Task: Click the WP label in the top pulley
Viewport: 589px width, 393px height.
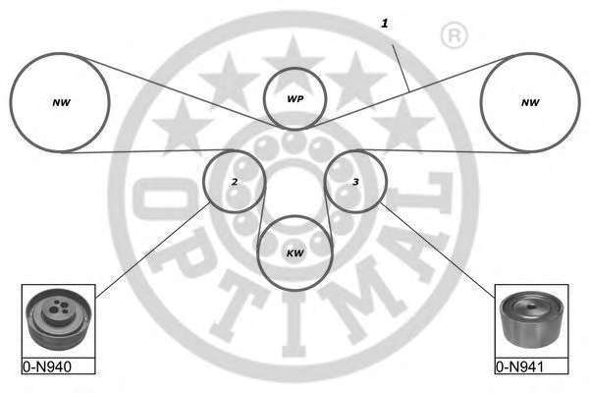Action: [294, 99]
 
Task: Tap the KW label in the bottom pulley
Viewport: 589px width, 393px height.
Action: [294, 253]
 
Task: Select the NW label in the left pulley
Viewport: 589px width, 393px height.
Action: [61, 102]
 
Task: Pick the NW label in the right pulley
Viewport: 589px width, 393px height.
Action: [530, 102]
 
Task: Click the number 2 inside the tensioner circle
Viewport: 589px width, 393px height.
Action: [235, 182]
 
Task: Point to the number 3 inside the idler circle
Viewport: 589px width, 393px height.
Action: [355, 182]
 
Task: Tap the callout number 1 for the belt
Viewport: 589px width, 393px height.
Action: [384, 24]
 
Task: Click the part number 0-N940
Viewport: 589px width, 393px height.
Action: [47, 367]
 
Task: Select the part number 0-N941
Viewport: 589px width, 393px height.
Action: [520, 367]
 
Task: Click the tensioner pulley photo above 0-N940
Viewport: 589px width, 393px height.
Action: [58, 319]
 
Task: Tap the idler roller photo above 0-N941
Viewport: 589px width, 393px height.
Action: [531, 319]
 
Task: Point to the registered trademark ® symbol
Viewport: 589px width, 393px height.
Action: [455, 35]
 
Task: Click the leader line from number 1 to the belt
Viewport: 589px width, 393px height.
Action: [401, 68]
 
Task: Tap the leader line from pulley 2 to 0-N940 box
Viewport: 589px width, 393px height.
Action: [153, 250]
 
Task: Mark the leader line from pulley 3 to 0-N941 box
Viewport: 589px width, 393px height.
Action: [438, 250]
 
